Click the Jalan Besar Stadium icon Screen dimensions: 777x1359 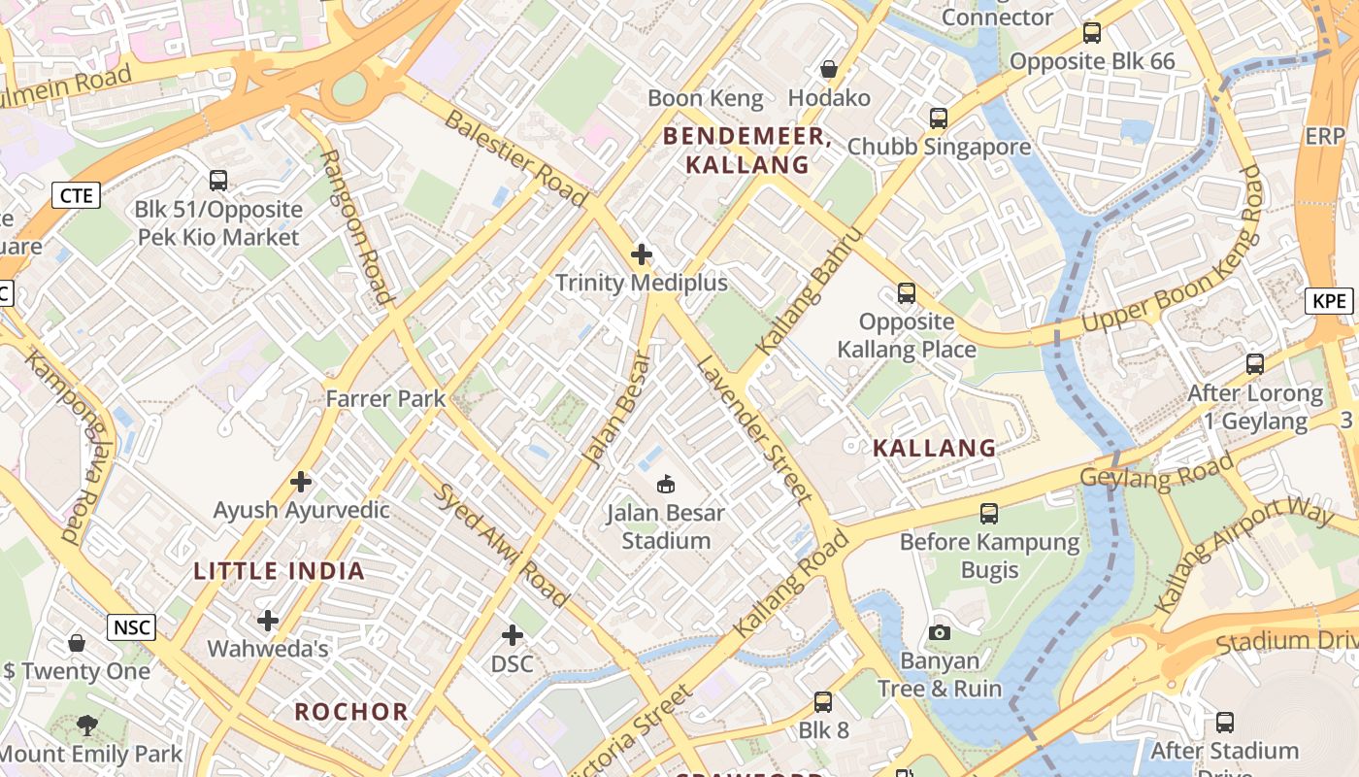coord(666,483)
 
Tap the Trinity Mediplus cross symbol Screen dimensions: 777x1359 coord(641,255)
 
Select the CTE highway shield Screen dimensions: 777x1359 coord(76,195)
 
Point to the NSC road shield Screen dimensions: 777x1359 coord(131,627)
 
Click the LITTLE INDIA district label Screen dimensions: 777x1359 coord(279,571)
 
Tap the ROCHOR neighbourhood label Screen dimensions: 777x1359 coord(351,711)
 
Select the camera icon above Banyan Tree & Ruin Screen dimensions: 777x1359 coord(939,632)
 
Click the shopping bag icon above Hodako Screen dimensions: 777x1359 coord(829,69)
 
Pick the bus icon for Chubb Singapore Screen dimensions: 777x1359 coord(938,118)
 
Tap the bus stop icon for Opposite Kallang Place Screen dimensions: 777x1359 coord(907,292)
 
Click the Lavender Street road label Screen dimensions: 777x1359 coord(755,430)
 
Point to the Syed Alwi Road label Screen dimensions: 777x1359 coord(499,543)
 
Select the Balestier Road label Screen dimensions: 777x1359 coord(515,158)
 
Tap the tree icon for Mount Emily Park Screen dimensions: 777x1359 coord(87,725)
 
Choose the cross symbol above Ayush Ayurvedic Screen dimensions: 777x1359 coord(301,481)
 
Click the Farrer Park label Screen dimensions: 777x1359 coord(385,398)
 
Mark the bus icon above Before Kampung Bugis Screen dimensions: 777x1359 coord(989,513)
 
